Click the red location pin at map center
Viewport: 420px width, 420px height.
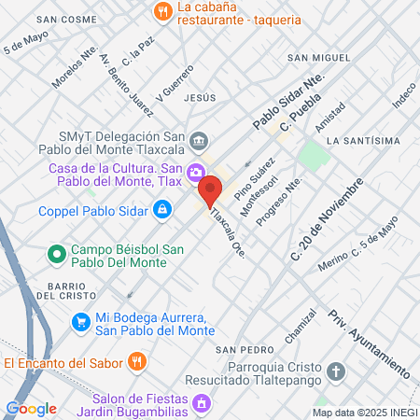point(210,190)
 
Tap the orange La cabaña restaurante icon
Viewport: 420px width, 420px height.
point(163,12)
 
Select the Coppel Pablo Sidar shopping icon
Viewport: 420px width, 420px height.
point(162,210)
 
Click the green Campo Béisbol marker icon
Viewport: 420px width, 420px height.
point(56,253)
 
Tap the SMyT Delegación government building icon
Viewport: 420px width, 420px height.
point(199,142)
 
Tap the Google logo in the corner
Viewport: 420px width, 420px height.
point(31,408)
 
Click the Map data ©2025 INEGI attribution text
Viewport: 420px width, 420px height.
point(364,413)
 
